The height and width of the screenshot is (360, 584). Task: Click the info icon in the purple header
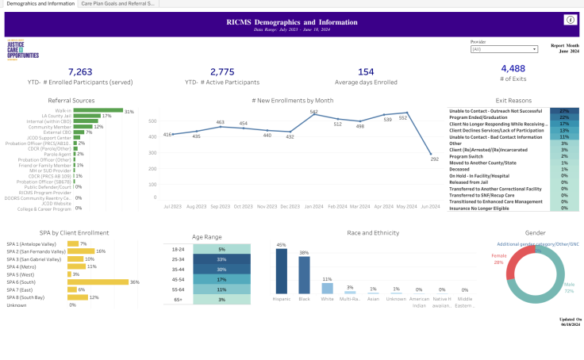coord(569,19)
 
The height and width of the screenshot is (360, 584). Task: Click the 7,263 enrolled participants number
coord(80,71)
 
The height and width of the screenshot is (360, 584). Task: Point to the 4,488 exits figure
coord(513,69)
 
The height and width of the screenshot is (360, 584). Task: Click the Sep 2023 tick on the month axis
coord(221,206)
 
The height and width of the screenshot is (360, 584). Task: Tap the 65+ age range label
coord(178,300)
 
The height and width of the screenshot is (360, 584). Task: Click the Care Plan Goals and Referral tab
coord(118,4)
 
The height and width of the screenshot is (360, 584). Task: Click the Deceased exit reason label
coord(463,169)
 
